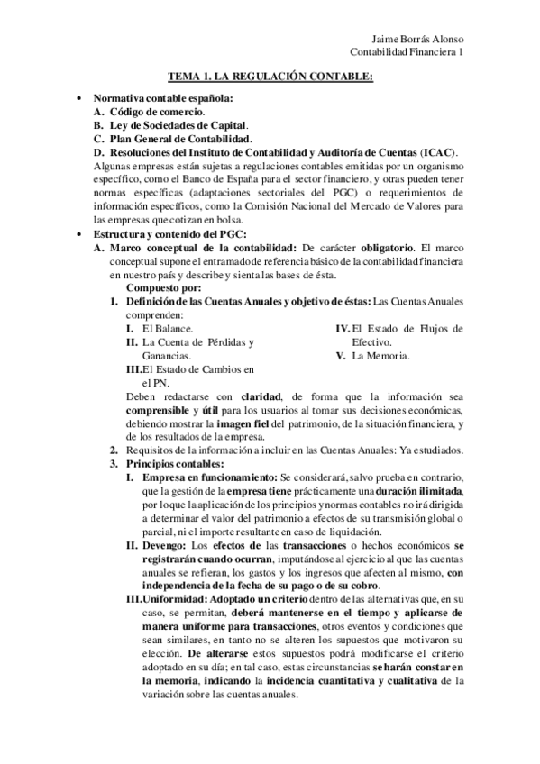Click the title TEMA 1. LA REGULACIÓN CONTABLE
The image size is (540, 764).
(x=270, y=78)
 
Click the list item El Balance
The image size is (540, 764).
(x=168, y=329)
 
